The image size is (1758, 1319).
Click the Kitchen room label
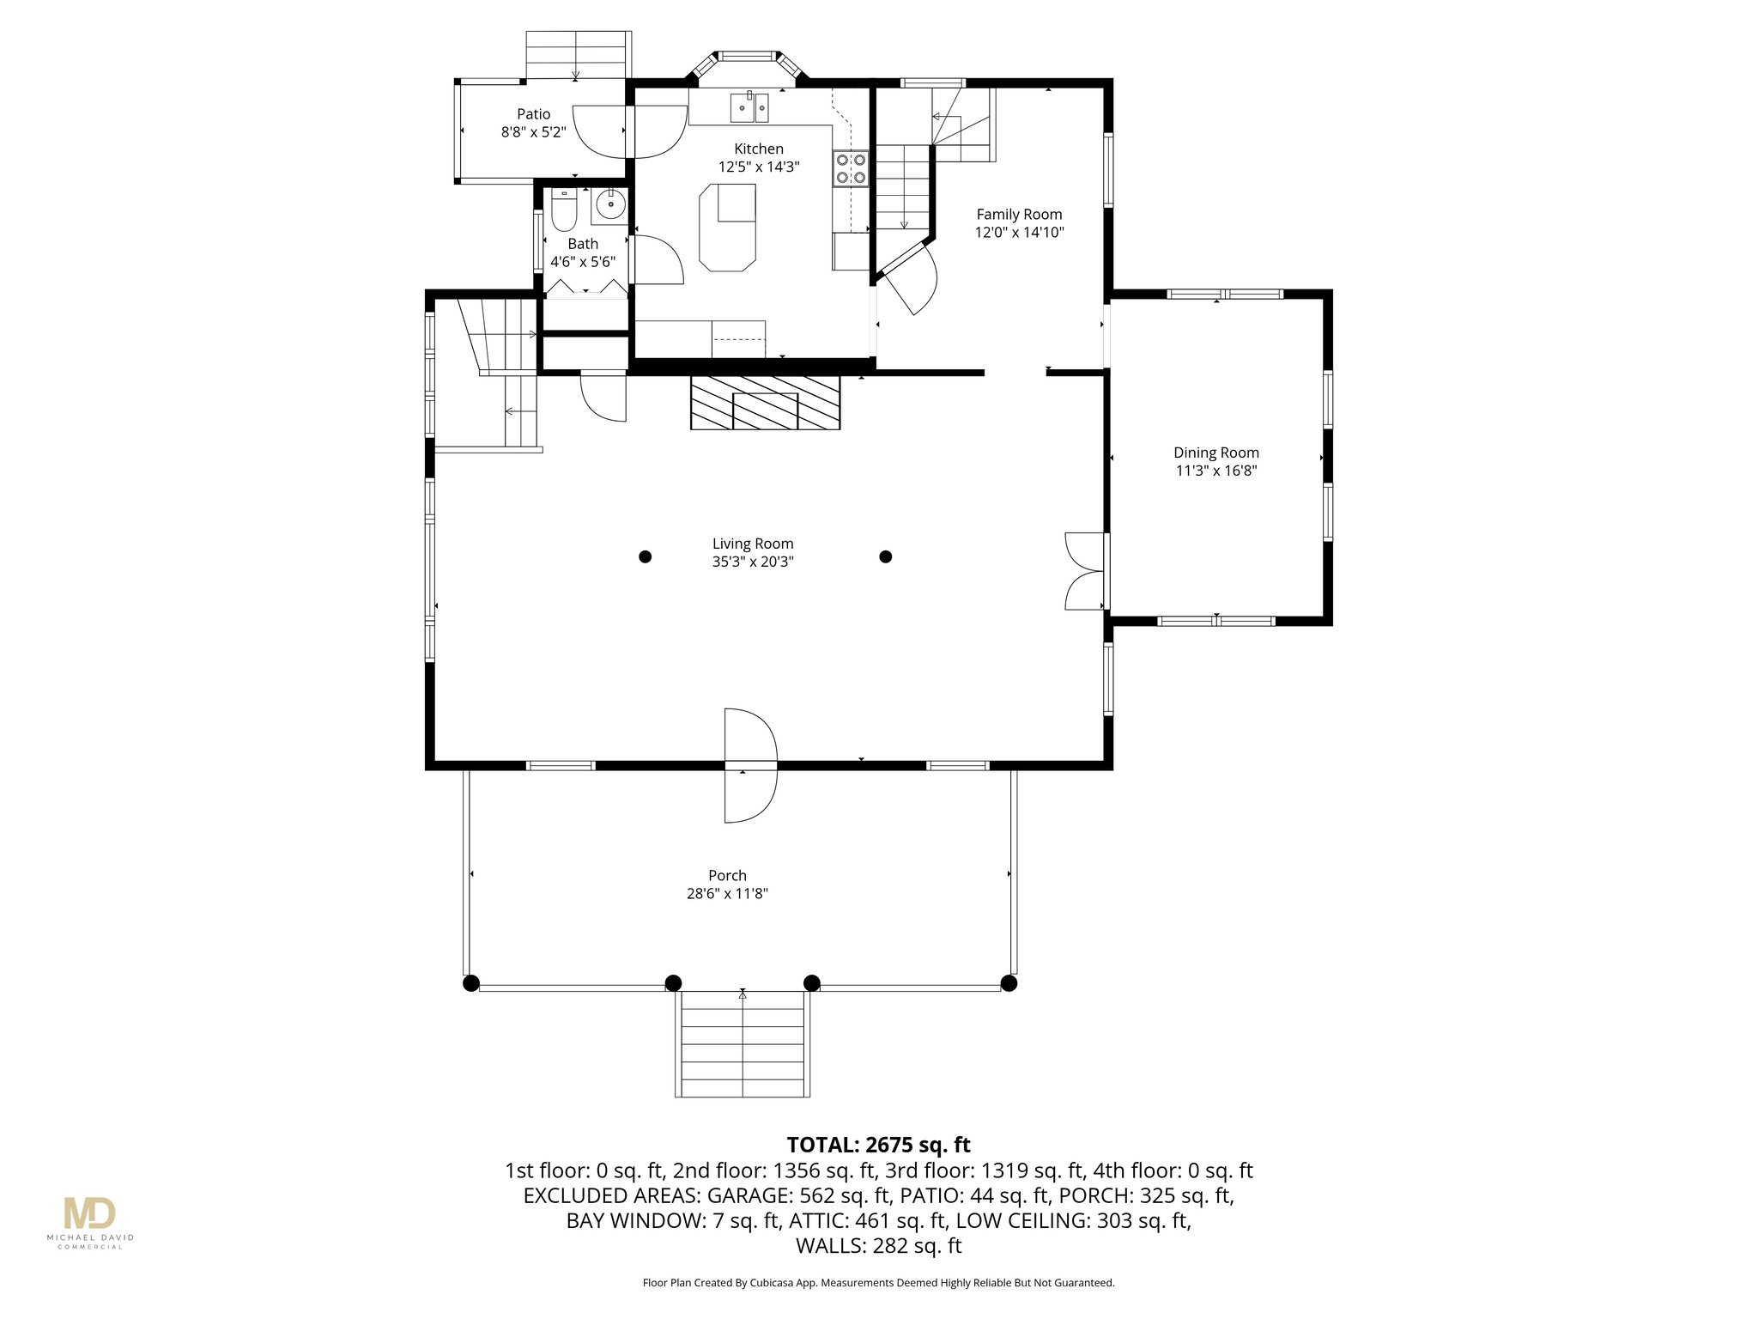pyautogui.click(x=758, y=149)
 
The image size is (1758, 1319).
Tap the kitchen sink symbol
pyautogui.click(x=750, y=108)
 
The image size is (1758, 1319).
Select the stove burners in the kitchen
pyautogui.click(x=850, y=168)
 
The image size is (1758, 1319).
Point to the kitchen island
pyautogui.click(x=727, y=228)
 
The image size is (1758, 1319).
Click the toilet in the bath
pyautogui.click(x=564, y=211)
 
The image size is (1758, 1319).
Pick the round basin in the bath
pyautogui.click(x=610, y=204)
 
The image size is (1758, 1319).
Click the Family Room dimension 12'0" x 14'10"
pyautogui.click(x=1019, y=232)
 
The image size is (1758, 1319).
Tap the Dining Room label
pyautogui.click(x=1215, y=453)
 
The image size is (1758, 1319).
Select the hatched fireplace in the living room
pyautogui.click(x=765, y=402)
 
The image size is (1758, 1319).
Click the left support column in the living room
pyautogui.click(x=646, y=556)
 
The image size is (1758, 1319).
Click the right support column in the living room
pyautogui.click(x=886, y=556)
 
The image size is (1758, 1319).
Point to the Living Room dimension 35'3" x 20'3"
pyautogui.click(x=752, y=562)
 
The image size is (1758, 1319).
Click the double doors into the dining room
pyautogui.click(x=1084, y=571)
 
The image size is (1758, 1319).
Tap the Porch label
pyautogui.click(x=727, y=875)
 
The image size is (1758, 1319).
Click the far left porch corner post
pyautogui.click(x=470, y=983)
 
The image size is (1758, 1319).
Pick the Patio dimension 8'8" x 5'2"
pyautogui.click(x=533, y=132)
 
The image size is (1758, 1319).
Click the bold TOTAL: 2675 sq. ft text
pyautogui.click(x=878, y=1145)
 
